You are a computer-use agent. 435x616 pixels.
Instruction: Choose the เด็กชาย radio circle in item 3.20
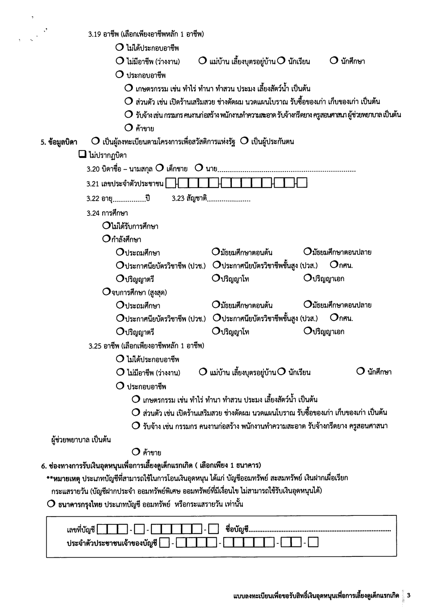point(159,168)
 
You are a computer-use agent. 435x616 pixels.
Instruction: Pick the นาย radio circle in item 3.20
point(199,168)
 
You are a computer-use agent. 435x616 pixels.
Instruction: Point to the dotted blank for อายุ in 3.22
point(129,201)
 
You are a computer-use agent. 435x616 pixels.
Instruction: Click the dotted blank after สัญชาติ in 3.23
point(229,201)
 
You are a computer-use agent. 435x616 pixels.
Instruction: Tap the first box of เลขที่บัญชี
point(103,530)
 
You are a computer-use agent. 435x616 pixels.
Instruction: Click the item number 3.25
point(95,346)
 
